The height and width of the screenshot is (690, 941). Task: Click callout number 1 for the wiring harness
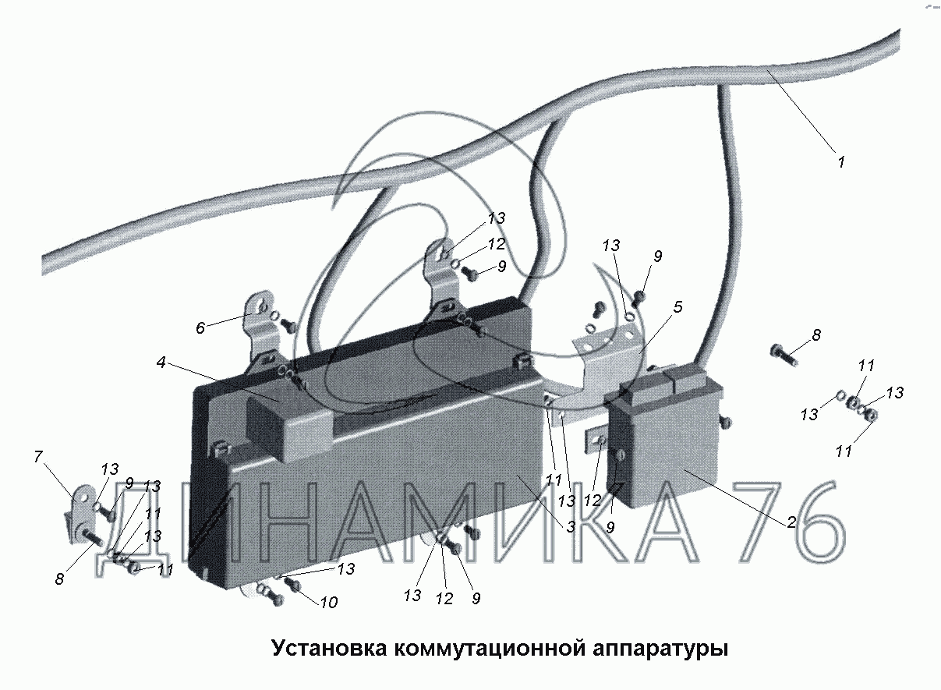tap(841, 162)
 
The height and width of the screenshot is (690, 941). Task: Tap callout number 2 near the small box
tap(791, 522)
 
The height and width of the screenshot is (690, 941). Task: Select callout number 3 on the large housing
tap(571, 526)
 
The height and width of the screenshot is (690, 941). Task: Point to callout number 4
tap(161, 363)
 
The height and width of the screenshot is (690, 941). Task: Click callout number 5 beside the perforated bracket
tap(677, 306)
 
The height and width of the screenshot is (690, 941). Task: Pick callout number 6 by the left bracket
tap(200, 327)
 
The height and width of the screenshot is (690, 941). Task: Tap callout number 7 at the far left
tap(38, 456)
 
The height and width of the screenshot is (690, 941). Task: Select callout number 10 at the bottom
tap(328, 603)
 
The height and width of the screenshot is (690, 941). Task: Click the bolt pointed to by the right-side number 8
tap(783, 355)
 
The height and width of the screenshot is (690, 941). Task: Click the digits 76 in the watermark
tap(789, 522)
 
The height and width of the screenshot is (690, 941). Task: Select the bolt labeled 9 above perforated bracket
tap(639, 299)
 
